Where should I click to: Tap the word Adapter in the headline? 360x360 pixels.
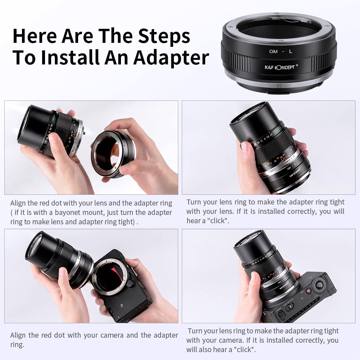(x=171, y=58)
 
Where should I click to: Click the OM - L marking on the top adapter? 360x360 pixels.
(x=281, y=51)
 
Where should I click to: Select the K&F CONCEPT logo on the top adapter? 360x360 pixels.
(x=280, y=67)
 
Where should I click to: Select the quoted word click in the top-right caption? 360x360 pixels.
(x=219, y=221)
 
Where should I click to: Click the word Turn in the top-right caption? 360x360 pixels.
(x=194, y=202)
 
